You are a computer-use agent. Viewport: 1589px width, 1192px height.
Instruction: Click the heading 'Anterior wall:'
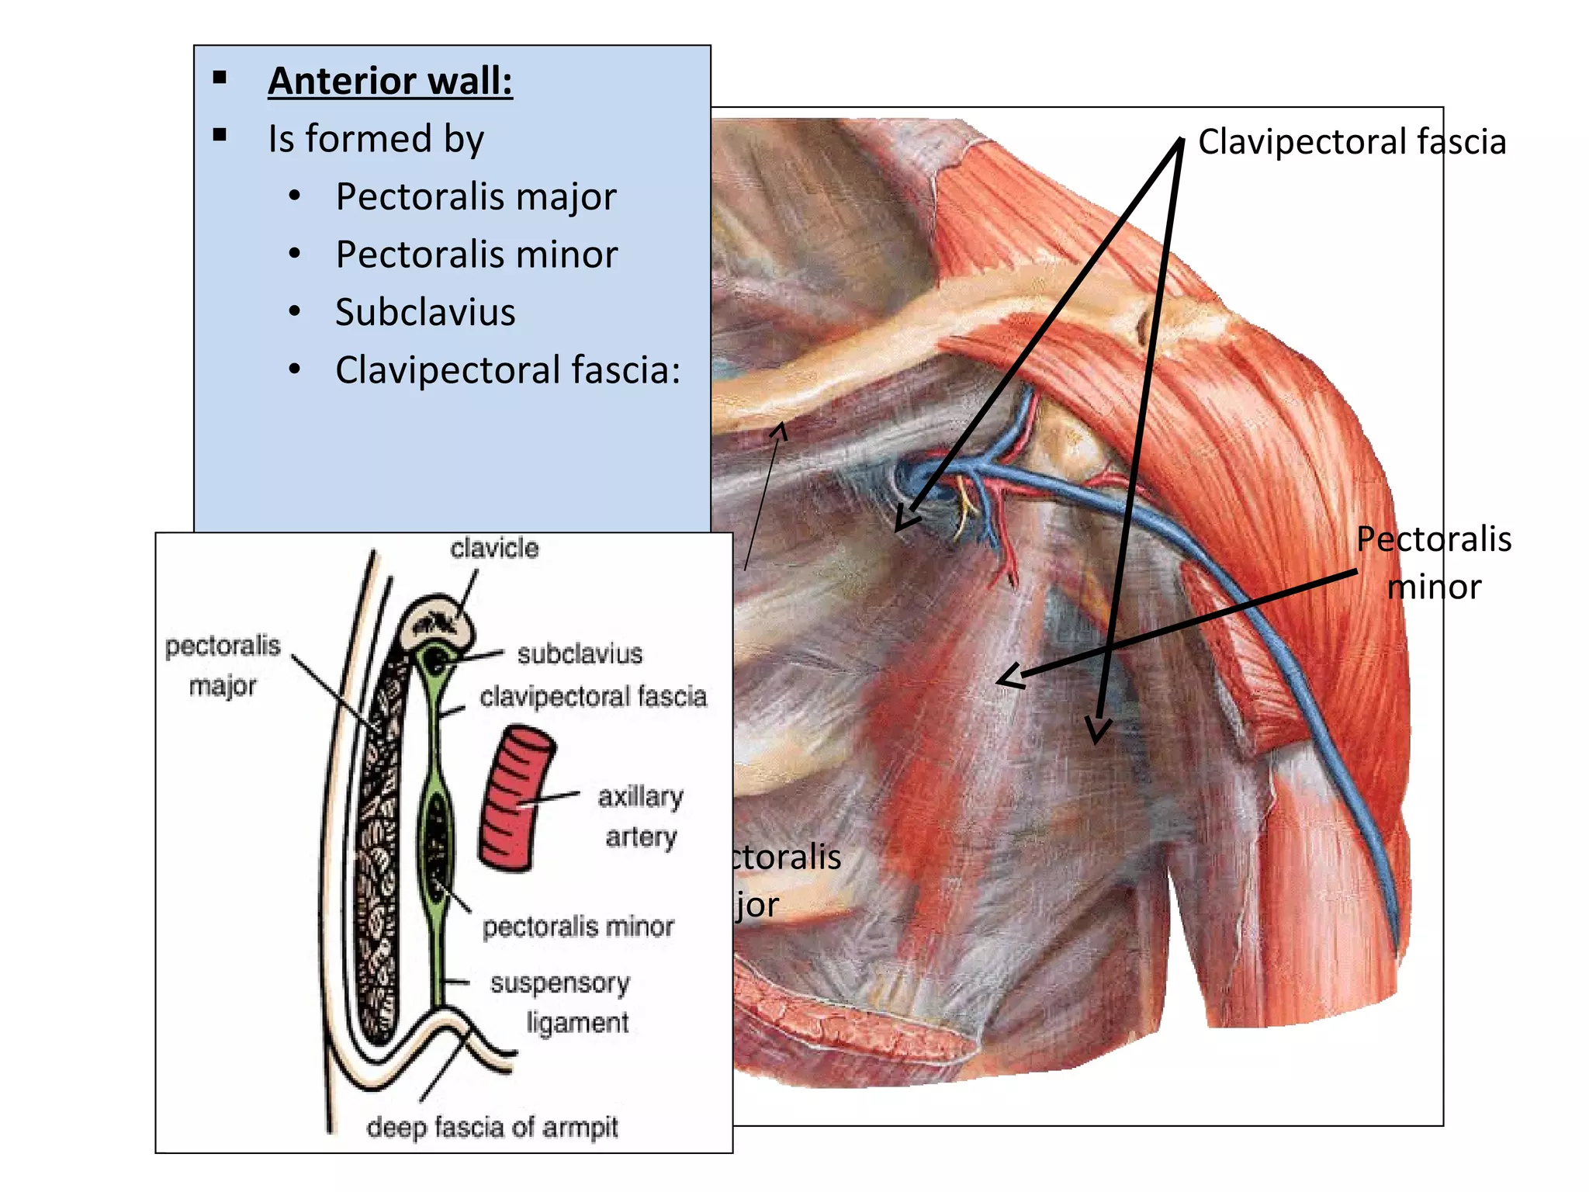[390, 81]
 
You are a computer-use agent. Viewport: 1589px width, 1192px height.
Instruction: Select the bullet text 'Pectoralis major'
[476, 196]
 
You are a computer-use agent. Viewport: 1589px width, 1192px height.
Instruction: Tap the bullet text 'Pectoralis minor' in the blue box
[476, 255]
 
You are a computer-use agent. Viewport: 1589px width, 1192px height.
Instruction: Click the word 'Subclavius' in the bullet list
[425, 312]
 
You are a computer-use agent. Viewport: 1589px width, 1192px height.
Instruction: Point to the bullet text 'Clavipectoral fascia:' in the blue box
[507, 370]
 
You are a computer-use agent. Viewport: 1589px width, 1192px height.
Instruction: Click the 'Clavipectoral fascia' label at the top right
[1352, 142]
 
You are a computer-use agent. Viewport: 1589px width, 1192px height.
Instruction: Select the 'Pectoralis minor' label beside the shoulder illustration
[1434, 563]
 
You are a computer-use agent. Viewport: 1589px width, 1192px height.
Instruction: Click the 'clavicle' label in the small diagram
[494, 549]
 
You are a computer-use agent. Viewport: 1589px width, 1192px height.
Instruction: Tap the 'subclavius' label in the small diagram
[580, 654]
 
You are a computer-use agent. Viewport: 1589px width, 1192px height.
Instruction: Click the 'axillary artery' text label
[640, 816]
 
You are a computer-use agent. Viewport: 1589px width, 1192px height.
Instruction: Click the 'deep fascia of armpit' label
[492, 1127]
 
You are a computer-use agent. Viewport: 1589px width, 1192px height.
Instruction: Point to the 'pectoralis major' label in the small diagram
[223, 665]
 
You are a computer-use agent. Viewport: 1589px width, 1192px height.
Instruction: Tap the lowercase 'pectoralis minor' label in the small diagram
[578, 927]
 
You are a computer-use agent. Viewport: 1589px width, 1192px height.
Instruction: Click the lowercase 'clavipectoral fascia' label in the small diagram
[593, 697]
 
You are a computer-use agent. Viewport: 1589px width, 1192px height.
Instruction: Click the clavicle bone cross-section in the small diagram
[437, 622]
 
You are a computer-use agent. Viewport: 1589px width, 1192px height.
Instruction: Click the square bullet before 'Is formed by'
[220, 136]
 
